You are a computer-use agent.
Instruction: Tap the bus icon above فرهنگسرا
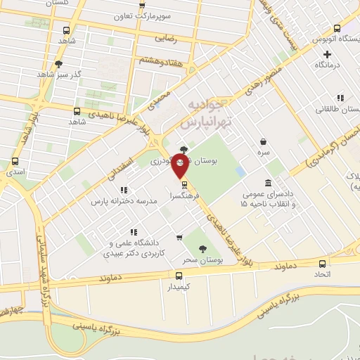(x=184, y=185)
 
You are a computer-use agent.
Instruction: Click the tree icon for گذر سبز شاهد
(x=77, y=64)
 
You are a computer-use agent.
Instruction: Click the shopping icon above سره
(x=263, y=141)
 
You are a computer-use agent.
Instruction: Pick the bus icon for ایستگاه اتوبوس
(x=337, y=29)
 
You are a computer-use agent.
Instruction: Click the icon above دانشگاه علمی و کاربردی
(x=133, y=232)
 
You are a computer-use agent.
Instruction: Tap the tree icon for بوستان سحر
(x=203, y=249)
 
